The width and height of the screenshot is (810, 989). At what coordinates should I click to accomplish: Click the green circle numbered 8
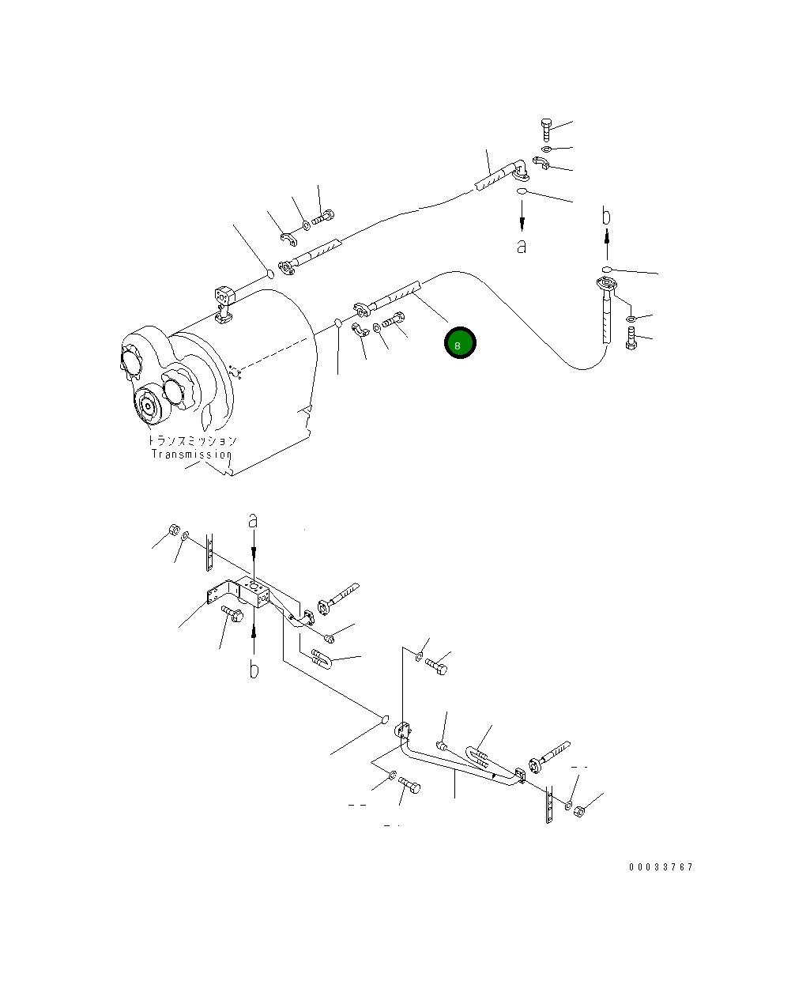pos(459,343)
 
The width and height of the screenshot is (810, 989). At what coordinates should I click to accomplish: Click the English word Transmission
pos(192,455)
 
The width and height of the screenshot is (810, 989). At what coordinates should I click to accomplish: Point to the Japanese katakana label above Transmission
pos(192,440)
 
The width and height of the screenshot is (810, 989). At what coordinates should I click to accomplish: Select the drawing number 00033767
pos(661,867)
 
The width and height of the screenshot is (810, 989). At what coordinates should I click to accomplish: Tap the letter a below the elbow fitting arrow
pos(521,247)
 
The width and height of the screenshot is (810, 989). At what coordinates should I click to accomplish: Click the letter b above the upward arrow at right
pos(606,215)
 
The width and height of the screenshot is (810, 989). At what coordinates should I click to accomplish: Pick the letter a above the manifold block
pos(253,520)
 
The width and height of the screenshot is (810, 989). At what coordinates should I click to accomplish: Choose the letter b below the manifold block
pos(254,670)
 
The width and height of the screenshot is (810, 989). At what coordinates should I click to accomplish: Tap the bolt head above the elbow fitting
pos(545,127)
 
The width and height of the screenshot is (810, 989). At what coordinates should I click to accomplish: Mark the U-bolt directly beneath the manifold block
pos(322,657)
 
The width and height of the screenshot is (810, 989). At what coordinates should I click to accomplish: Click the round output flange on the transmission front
pos(147,406)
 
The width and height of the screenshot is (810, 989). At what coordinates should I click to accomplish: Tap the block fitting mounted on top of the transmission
pos(224,301)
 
